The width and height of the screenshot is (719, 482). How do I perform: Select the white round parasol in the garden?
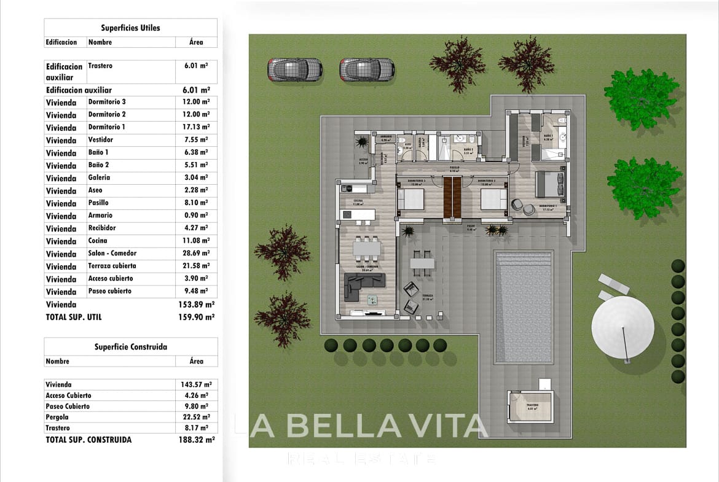[623, 325]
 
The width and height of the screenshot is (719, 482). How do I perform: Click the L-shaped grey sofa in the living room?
[363, 286]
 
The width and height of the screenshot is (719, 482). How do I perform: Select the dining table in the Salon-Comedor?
[367, 249]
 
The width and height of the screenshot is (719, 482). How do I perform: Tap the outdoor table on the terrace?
[422, 263]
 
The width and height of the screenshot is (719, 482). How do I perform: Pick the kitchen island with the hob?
[357, 215]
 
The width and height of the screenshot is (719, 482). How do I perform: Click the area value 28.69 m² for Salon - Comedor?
[196, 254]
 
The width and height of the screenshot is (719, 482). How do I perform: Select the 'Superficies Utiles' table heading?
[130, 28]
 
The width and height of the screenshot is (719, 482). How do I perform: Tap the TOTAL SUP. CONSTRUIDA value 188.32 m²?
[196, 440]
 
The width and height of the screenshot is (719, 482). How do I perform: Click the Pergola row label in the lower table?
[57, 417]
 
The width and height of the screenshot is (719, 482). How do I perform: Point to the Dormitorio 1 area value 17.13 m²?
[196, 127]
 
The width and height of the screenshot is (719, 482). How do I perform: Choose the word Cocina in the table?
[97, 241]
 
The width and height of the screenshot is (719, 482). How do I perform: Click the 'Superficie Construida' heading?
[130, 346]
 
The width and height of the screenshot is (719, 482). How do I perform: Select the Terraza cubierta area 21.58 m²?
[196, 266]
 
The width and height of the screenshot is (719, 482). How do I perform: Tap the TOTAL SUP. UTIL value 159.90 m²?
[196, 317]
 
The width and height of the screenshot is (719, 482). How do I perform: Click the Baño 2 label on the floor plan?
[468, 149]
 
